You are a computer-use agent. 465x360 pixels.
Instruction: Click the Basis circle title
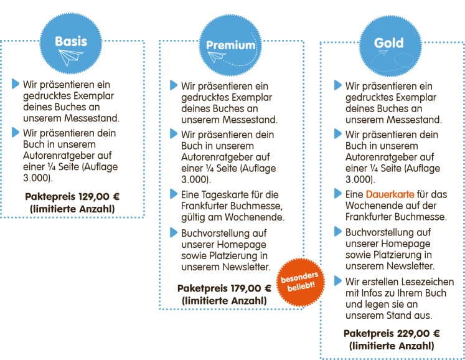pyautogui.click(x=71, y=42)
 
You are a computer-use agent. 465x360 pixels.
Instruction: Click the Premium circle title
pyautogui.click(x=231, y=45)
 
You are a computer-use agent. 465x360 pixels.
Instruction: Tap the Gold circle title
pyautogui.click(x=389, y=43)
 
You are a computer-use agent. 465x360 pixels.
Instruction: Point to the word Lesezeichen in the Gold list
pyautogui.click(x=414, y=282)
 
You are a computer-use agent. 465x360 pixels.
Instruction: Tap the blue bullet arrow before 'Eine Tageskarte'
pyautogui.click(x=174, y=194)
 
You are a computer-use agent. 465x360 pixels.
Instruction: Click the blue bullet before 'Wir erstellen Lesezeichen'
pyautogui.click(x=338, y=281)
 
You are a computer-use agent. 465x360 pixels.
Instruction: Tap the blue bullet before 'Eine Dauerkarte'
pyautogui.click(x=338, y=194)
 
